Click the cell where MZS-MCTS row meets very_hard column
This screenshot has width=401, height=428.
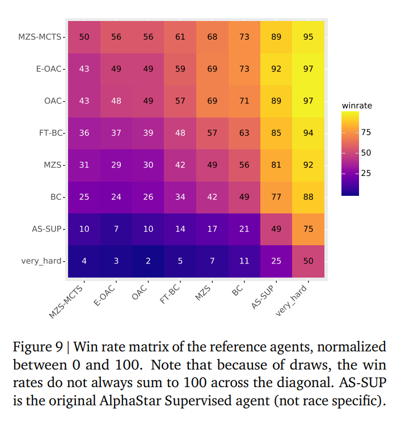(307, 37)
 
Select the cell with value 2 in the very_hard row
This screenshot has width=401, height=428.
(148, 261)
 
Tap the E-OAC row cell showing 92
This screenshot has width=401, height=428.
(276, 69)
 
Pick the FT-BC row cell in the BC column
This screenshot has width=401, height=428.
(244, 133)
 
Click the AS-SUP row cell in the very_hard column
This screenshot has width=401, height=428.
(307, 229)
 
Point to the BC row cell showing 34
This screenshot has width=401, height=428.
(180, 197)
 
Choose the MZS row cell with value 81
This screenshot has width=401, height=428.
(276, 165)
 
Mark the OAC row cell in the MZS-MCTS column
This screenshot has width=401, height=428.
(84, 101)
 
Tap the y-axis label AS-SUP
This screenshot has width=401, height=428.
(48, 229)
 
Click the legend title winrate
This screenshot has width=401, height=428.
(357, 106)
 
